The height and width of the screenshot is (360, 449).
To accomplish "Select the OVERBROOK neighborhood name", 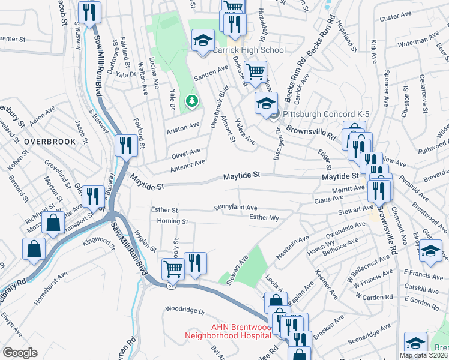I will (x=50, y=142).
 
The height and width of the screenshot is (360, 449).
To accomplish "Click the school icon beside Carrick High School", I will (x=203, y=41).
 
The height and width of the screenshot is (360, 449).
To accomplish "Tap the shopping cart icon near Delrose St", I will (x=256, y=72).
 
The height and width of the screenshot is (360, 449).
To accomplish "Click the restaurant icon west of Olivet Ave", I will (x=125, y=146).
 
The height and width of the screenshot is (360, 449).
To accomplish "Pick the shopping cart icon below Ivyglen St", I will (x=173, y=269).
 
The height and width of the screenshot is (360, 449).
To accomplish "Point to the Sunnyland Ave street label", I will (x=236, y=208).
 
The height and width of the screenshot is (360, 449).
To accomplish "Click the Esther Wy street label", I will (x=264, y=218).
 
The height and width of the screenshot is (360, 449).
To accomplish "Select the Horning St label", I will (x=173, y=222).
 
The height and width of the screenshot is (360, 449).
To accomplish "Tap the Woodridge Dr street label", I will (x=185, y=311).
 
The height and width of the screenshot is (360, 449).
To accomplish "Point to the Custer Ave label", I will (x=394, y=18).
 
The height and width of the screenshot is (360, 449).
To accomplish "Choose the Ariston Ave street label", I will (x=183, y=127).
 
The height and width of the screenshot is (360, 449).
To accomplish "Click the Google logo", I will (x=20, y=352).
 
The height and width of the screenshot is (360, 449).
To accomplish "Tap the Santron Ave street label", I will (x=211, y=74).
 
